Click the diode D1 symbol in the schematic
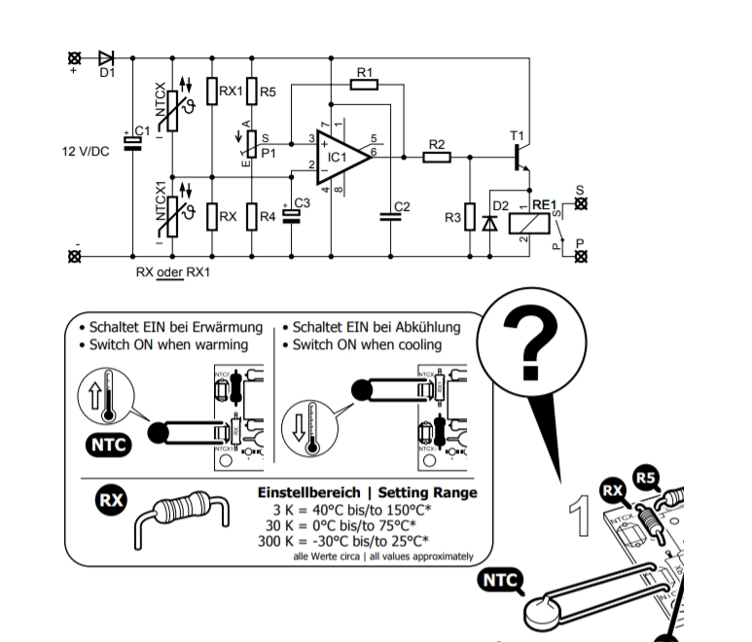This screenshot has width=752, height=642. point(107,58)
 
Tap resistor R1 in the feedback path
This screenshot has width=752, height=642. point(363,85)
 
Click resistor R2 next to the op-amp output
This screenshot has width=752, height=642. point(437,155)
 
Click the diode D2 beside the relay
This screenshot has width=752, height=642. point(488,220)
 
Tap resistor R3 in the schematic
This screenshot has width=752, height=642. point(469,218)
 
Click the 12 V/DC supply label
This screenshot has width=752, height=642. point(87,153)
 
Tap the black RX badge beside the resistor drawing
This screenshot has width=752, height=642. point(110,501)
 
